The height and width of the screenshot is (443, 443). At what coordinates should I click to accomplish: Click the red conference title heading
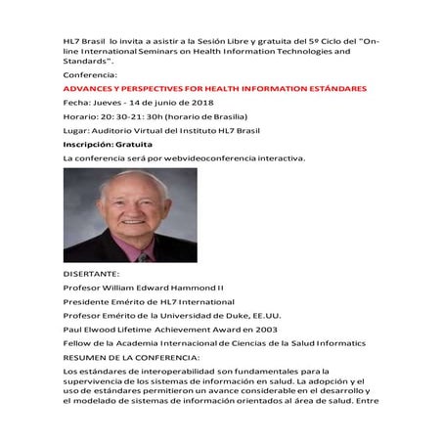[x=214, y=88]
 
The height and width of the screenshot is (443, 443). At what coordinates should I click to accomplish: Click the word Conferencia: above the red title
[x=88, y=73]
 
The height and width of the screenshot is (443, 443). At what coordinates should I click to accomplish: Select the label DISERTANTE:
[x=91, y=275]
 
